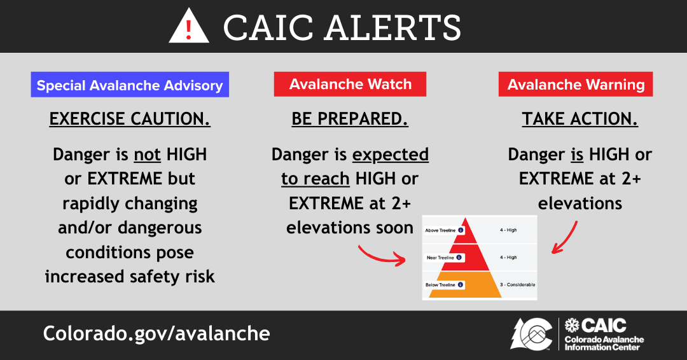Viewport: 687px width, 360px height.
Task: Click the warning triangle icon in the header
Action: coord(189,27)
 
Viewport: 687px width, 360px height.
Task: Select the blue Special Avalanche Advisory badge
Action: coord(130,85)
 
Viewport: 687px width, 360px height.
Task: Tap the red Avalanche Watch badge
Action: coord(350,84)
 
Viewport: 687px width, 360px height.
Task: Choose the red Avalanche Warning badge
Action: coord(576,84)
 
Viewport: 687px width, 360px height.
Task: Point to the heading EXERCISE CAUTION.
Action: coord(130,119)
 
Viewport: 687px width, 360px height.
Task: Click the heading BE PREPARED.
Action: coord(350,119)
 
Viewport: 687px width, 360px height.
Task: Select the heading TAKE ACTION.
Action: coord(579,119)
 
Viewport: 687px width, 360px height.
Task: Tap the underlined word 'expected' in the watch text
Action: coord(390,155)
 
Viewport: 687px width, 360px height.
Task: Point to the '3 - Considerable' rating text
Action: coord(517,284)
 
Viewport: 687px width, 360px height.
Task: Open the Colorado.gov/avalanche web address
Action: coord(156,333)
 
